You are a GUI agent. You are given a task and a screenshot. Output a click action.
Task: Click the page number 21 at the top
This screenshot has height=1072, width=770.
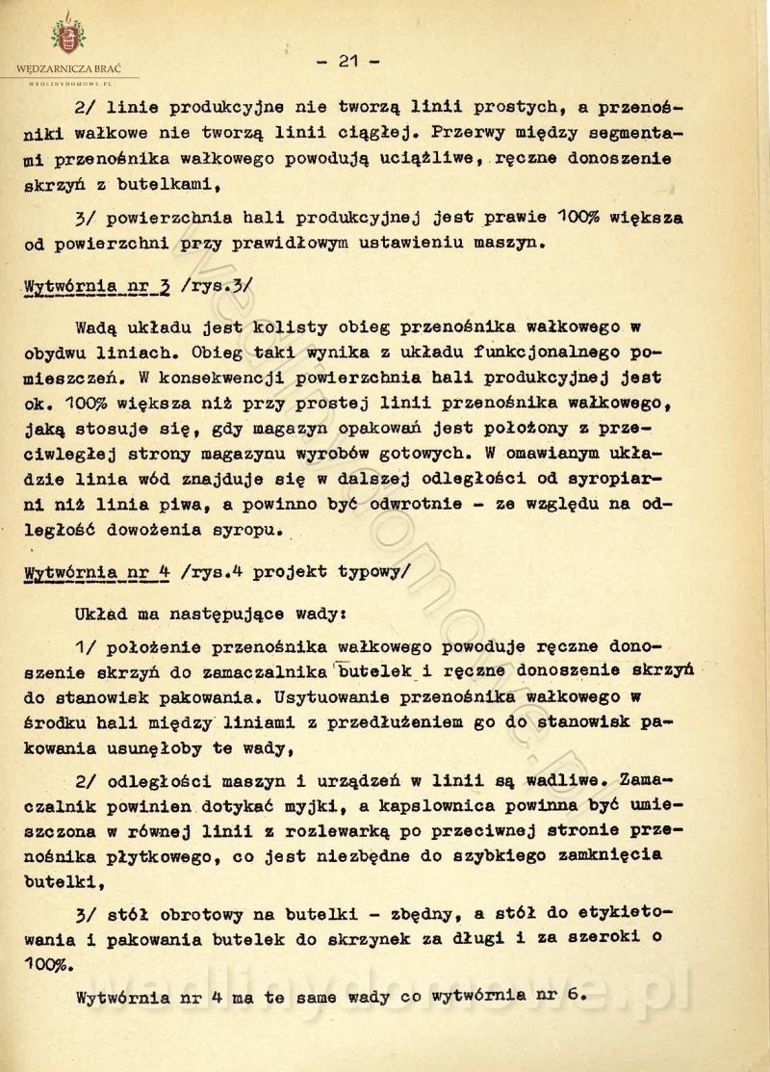point(347,61)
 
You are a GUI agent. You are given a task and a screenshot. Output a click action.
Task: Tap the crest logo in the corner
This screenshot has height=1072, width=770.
point(68,37)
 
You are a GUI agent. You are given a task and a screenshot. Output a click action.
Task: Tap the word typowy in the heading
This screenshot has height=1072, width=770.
point(372,569)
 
